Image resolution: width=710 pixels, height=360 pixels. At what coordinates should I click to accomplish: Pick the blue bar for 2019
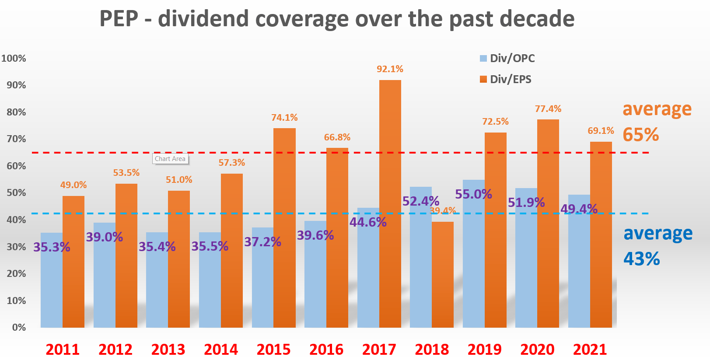tap(473, 262)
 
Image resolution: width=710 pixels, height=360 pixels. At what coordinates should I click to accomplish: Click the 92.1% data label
tap(390, 69)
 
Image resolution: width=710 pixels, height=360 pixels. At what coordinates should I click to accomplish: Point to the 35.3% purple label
tap(52, 247)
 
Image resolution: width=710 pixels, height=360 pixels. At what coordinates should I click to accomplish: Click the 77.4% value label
tap(548, 109)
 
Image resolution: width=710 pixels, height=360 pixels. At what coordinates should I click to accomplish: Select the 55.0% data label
tap(473, 194)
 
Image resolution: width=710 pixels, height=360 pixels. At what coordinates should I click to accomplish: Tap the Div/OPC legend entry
tap(507, 58)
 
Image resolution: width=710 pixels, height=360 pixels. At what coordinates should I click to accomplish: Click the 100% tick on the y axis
tap(14, 59)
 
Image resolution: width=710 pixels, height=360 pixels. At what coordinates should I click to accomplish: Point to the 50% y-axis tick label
tap(16, 193)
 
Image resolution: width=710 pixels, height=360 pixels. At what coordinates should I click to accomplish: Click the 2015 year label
tap(273, 350)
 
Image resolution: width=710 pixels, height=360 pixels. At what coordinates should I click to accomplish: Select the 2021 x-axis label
tap(590, 350)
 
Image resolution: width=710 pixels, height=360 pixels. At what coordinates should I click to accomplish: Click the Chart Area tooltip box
tap(170, 159)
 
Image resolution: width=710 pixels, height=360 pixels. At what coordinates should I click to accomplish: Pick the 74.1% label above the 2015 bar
tap(284, 118)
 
